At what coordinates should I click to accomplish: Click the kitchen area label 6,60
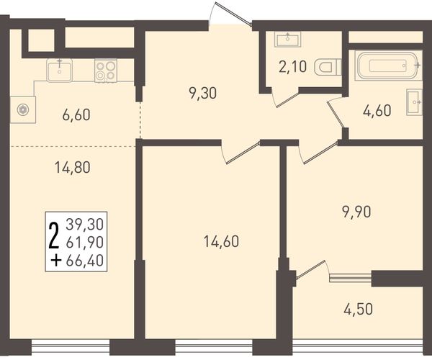click(x=76, y=115)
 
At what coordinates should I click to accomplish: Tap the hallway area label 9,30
click(x=203, y=93)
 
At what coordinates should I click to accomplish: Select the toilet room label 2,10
click(x=292, y=67)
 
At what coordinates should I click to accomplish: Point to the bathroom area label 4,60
click(x=377, y=110)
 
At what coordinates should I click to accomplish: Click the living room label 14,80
click(x=73, y=168)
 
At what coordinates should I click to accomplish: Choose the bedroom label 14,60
click(x=221, y=242)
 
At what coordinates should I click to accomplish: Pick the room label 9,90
click(x=357, y=212)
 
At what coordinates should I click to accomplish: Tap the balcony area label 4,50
click(x=358, y=309)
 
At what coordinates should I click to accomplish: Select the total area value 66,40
click(x=85, y=261)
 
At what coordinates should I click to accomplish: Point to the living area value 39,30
click(x=85, y=224)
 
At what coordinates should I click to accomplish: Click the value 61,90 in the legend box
click(x=85, y=243)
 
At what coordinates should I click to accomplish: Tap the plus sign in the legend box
click(x=56, y=261)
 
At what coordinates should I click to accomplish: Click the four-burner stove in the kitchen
click(x=106, y=71)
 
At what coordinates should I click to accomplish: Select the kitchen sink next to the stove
click(x=60, y=70)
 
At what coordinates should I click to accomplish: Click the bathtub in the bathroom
click(x=389, y=66)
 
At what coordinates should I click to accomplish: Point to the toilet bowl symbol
click(x=328, y=67)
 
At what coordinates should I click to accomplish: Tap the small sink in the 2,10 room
click(x=287, y=39)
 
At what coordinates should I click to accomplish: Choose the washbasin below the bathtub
click(x=414, y=102)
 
